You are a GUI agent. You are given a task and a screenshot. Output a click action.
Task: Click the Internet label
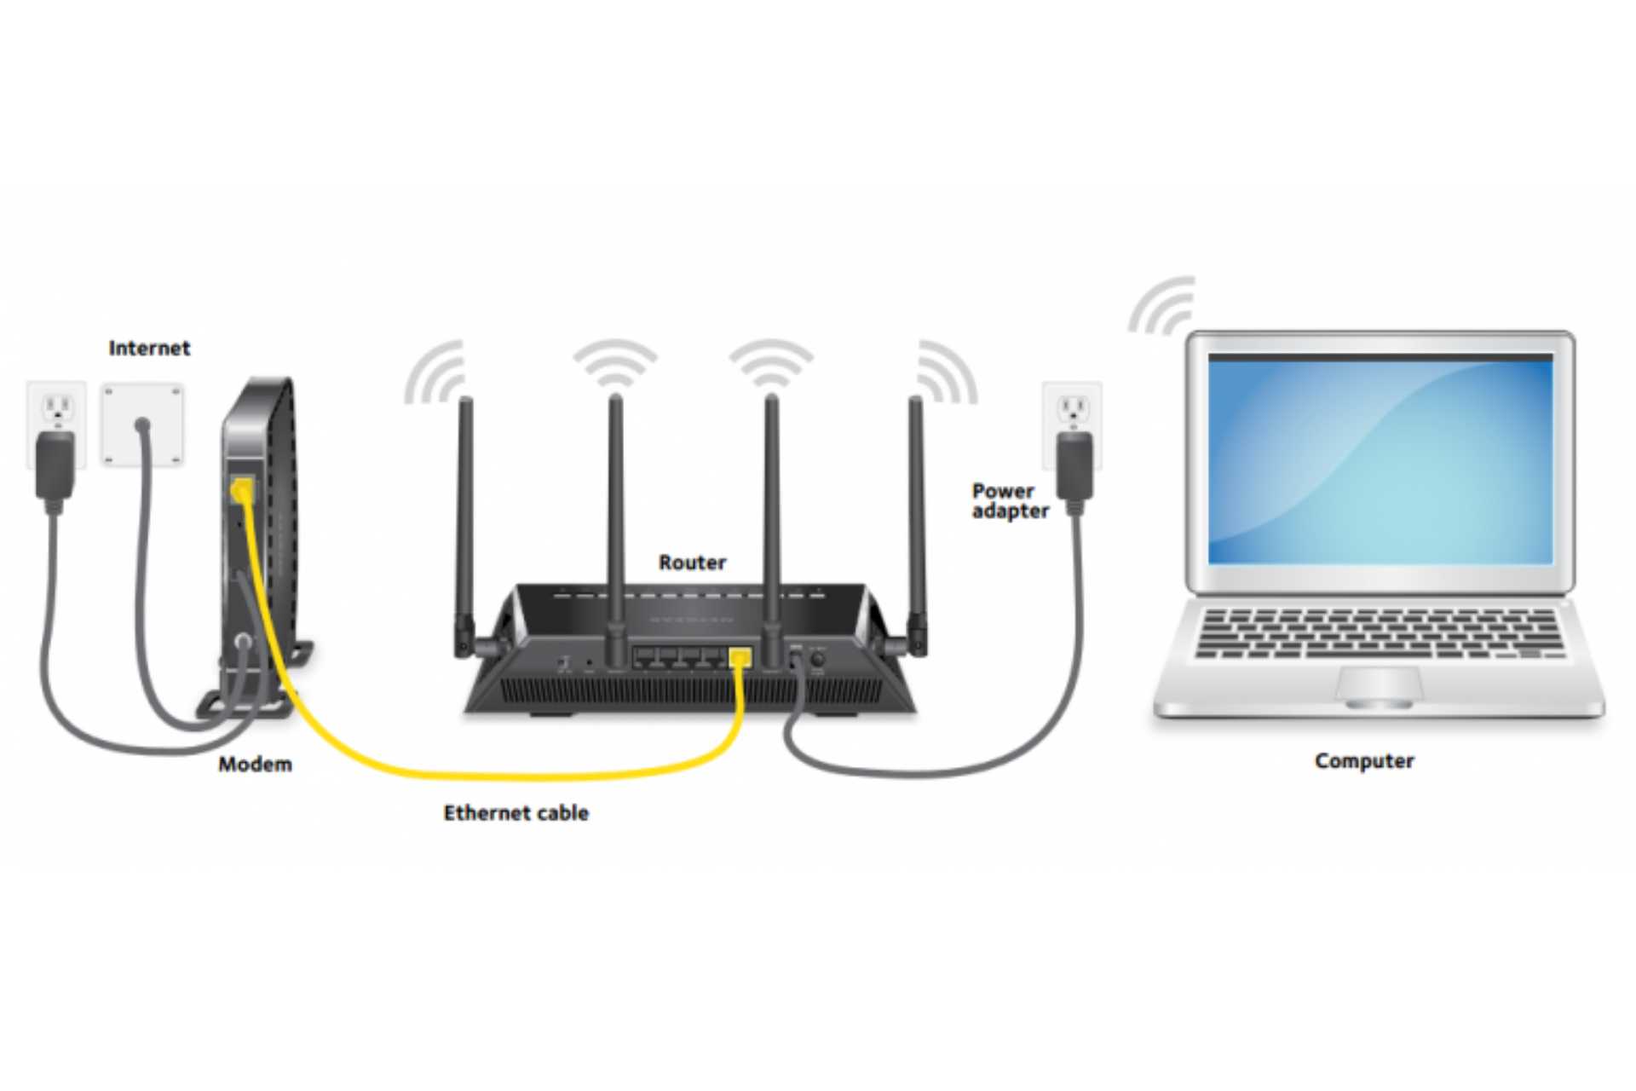(x=149, y=348)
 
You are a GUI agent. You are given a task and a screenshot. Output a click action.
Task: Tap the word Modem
(x=255, y=764)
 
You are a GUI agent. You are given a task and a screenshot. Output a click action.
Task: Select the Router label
(x=692, y=563)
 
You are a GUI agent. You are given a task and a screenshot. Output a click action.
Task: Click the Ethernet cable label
(x=516, y=813)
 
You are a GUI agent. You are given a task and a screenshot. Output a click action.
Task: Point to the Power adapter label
(x=1009, y=501)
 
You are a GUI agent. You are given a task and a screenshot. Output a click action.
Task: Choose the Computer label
(x=1363, y=761)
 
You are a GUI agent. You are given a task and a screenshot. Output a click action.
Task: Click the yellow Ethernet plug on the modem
(x=242, y=490)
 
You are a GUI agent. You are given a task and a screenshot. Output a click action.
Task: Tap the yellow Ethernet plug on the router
(x=740, y=658)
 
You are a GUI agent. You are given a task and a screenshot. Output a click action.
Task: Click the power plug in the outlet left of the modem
(x=55, y=465)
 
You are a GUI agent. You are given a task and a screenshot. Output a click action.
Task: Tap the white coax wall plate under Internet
(x=142, y=424)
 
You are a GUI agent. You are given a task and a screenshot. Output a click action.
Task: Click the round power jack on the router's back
(x=817, y=660)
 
